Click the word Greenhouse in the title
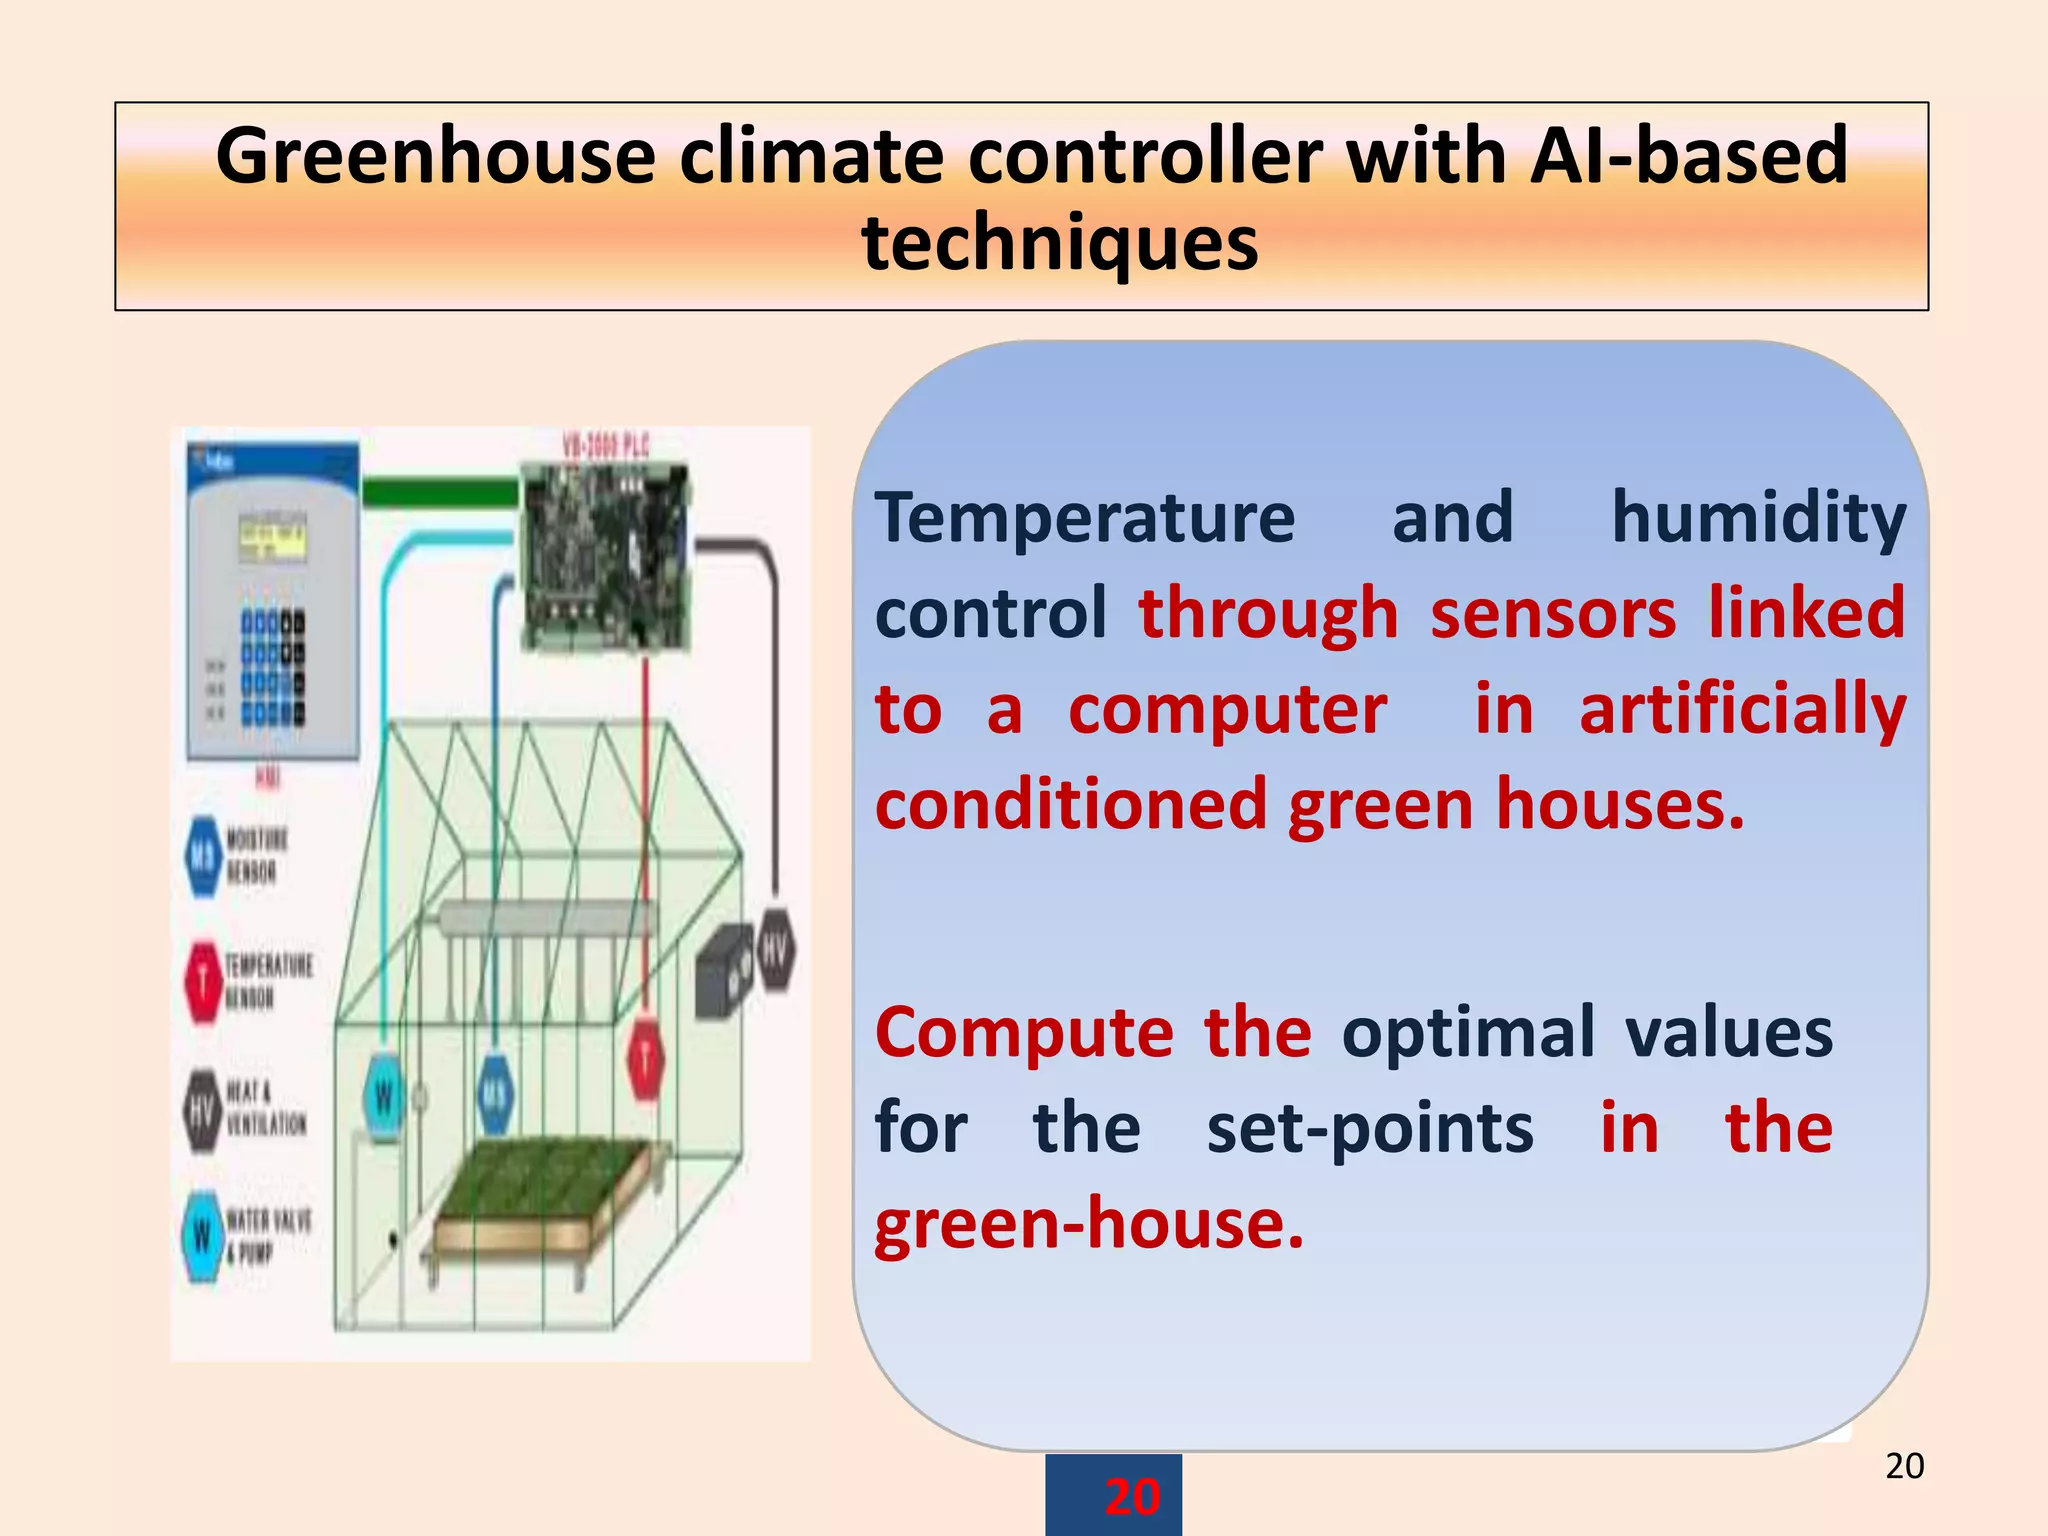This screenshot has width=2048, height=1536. tap(435, 158)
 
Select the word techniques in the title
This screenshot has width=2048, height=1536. tap(1060, 244)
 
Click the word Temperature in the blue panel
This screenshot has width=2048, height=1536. tap(1085, 520)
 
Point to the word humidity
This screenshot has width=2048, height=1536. tap(1758, 520)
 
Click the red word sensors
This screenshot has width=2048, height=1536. tap(1552, 614)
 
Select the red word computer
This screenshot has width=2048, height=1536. tap(1227, 710)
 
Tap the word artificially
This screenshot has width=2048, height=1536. tap(1742, 710)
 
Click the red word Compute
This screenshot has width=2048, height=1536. tap(1024, 1033)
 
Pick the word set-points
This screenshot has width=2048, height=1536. tap(1369, 1128)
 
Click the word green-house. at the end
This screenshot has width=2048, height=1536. tap(1089, 1224)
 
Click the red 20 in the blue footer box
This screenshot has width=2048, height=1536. tap(1132, 1497)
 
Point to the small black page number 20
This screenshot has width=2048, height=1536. tap(1904, 1466)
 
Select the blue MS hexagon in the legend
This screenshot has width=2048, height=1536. tap(204, 856)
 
